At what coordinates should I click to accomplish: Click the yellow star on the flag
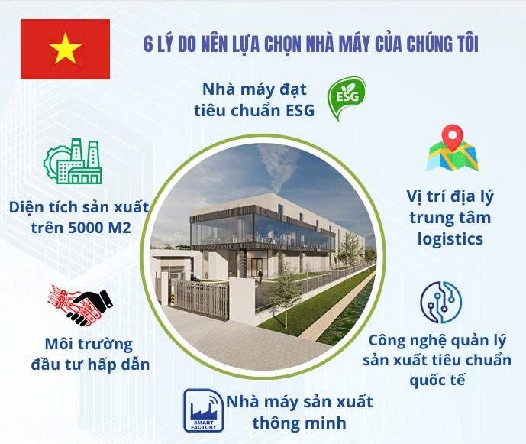[x=65, y=50]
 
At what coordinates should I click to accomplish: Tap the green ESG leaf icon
[x=346, y=99]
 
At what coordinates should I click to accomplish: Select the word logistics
[x=450, y=239]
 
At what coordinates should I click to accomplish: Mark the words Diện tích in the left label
[x=40, y=207]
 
